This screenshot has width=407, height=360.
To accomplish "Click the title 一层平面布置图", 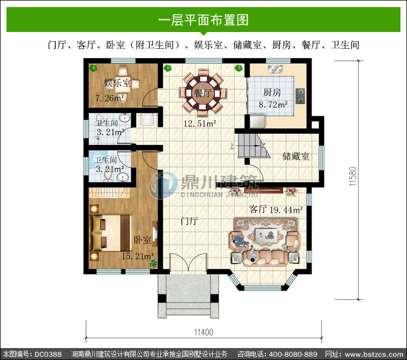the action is tap(203, 20).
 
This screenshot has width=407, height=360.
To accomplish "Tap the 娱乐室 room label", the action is tap(117, 83).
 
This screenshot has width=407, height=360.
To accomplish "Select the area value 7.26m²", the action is tap(110, 98).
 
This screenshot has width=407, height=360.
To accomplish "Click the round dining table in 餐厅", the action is tap(203, 93).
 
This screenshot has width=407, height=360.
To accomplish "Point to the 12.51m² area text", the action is tap(200, 124).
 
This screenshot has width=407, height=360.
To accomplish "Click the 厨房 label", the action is tap(272, 92).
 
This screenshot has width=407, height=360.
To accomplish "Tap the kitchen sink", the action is tap(275, 69).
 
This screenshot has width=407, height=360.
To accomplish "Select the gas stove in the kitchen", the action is tap(300, 96).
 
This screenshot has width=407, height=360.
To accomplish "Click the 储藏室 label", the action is tap(296, 156).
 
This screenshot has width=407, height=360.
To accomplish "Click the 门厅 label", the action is tap(189, 221).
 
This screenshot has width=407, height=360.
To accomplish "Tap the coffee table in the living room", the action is tap(265, 234).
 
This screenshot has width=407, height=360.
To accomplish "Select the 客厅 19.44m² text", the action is tap(276, 210).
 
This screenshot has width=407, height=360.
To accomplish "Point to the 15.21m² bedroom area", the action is tap(138, 256).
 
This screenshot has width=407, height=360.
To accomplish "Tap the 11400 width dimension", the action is tap(203, 332).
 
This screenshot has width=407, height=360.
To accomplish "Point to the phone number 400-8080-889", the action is tap(293, 354).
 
